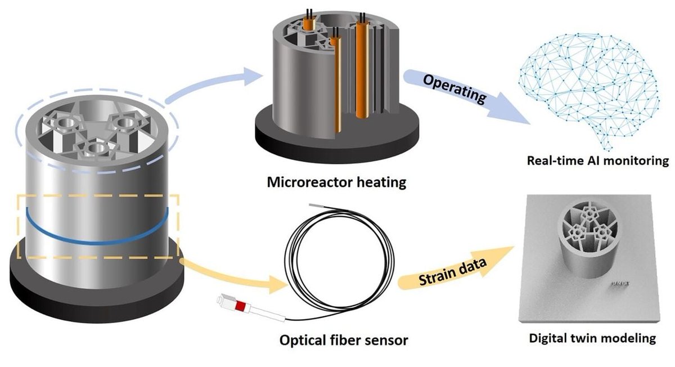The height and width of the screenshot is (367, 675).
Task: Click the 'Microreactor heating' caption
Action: pyautogui.click(x=336, y=182)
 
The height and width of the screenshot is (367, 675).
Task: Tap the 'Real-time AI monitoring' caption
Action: pyautogui.click(x=598, y=160)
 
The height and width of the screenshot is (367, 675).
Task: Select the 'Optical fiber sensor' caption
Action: pyautogui.click(x=343, y=340)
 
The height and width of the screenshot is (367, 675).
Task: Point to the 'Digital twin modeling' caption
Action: pyautogui.click(x=593, y=338)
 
